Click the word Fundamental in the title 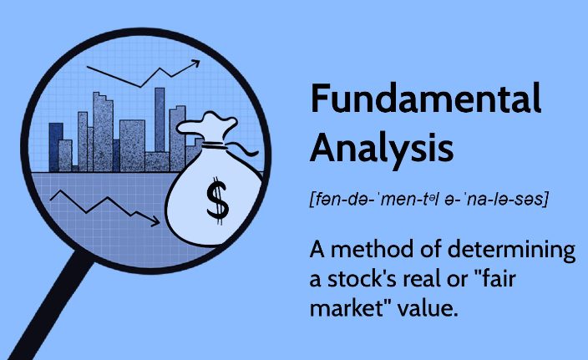(x=426, y=99)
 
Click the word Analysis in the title (x=382, y=148)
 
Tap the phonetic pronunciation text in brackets (x=429, y=199)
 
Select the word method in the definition (x=372, y=250)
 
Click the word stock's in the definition (x=362, y=279)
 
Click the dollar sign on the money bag (x=217, y=201)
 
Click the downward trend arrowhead (x=155, y=222)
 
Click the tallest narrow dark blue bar (x=160, y=120)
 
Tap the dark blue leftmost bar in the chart (x=55, y=147)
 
